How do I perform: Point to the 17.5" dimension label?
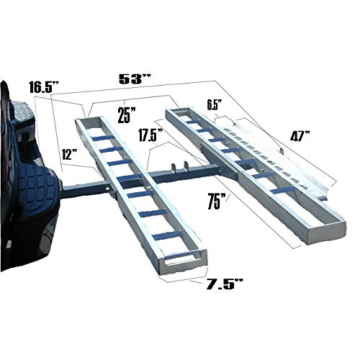pyautogui.click(x=150, y=135)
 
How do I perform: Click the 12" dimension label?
pyautogui.click(x=69, y=154)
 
